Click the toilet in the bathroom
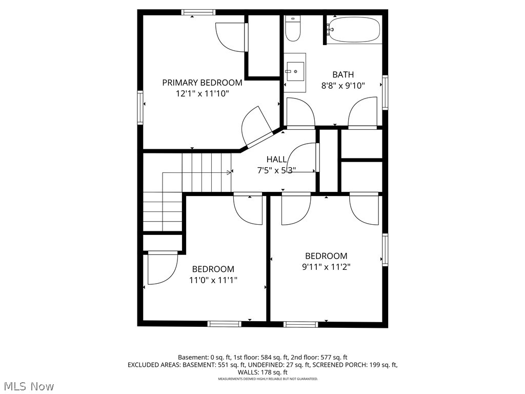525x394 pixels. (x=293, y=29)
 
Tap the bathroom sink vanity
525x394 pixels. (x=295, y=72)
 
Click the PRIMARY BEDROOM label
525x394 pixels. (x=202, y=83)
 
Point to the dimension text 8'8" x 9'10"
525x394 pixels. (x=343, y=86)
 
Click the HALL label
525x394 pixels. (x=276, y=160)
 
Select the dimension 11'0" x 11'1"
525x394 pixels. (x=213, y=280)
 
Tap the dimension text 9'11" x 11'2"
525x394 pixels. (x=326, y=267)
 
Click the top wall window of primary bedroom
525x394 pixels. (x=198, y=12)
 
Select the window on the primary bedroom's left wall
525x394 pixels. (x=140, y=107)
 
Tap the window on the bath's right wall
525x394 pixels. (x=385, y=92)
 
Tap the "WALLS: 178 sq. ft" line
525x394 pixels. (x=262, y=372)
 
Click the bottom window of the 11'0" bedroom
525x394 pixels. (x=224, y=324)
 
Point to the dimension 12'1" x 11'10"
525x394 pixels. (x=202, y=93)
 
